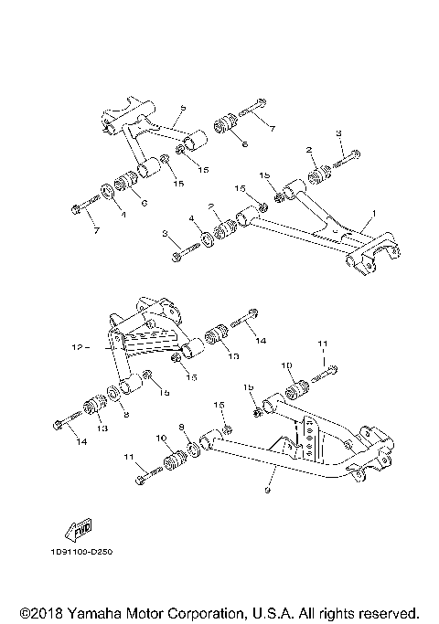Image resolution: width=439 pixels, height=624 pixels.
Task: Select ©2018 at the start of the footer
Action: tap(37, 611)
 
